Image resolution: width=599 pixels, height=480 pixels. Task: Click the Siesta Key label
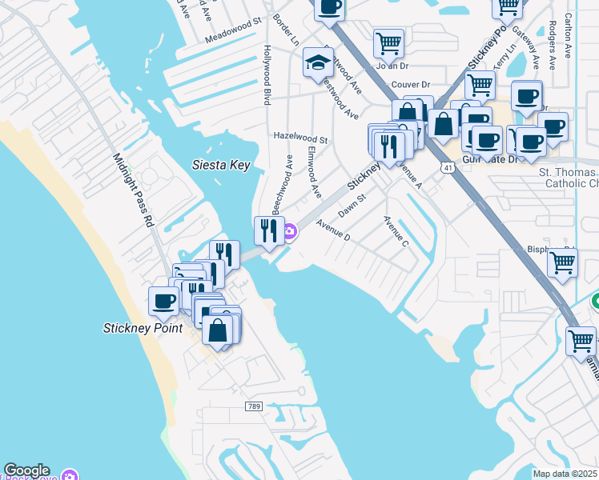(221, 166)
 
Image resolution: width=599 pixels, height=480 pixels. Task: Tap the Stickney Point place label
(143, 327)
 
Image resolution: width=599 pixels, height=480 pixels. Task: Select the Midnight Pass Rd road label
(133, 191)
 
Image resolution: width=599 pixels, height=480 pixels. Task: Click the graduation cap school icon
(318, 62)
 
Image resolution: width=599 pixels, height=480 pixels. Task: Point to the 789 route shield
(254, 406)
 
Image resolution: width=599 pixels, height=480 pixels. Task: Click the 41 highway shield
(447, 166)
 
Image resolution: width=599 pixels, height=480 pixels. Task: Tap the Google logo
(26, 470)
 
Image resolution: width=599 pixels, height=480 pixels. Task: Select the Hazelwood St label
(301, 138)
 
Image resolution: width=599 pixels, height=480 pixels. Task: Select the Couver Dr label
(411, 84)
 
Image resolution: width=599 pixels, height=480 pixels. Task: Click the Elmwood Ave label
(314, 174)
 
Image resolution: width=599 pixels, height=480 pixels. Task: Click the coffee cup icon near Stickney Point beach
(164, 302)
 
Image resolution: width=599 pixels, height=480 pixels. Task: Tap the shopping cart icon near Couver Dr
(480, 82)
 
